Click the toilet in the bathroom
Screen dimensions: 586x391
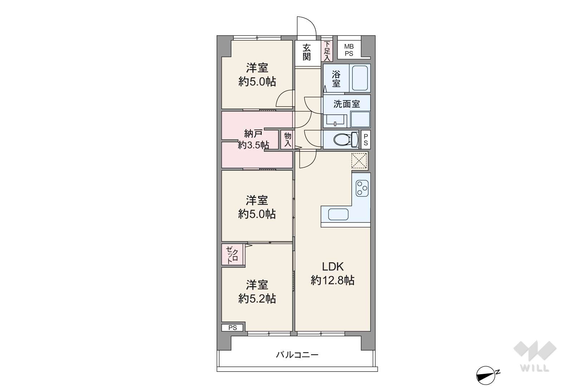(346, 140)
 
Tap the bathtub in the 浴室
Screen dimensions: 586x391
(360, 78)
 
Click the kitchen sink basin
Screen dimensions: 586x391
(338, 214)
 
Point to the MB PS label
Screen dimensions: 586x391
(349, 50)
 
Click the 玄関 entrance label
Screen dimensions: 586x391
(307, 52)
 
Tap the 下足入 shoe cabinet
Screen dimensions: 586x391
(327, 51)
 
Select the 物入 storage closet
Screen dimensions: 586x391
(288, 140)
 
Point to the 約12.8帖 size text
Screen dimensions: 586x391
(333, 280)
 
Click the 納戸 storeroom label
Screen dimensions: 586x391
(253, 133)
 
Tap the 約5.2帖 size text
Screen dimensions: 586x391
(257, 298)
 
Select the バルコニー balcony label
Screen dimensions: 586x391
(297, 355)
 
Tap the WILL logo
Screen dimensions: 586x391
(535, 356)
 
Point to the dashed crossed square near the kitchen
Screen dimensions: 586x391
(359, 161)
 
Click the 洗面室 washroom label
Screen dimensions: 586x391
(346, 104)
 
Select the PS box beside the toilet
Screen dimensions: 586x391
(366, 140)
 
